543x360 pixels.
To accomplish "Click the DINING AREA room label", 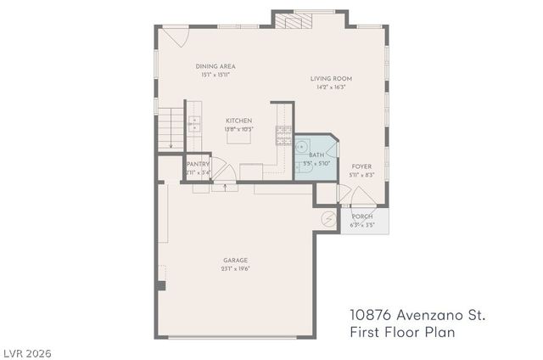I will (x=216, y=66).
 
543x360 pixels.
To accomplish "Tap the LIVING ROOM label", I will (x=333, y=79).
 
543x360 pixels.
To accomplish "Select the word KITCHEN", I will (x=238, y=121).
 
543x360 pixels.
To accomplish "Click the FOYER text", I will (x=361, y=166).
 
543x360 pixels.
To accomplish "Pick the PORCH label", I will (x=362, y=217).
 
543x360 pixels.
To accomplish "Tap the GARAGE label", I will (x=236, y=261).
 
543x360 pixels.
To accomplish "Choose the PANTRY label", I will (x=198, y=165).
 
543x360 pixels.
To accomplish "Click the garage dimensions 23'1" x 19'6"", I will (x=236, y=269).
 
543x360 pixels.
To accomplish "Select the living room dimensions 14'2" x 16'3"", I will (x=333, y=87).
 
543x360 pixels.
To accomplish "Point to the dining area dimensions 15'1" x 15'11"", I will (x=216, y=75).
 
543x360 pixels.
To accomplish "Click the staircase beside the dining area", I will (x=170, y=127).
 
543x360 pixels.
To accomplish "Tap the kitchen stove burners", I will (x=283, y=133).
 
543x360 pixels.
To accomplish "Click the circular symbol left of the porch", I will (x=328, y=219).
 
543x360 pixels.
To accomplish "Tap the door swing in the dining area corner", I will (x=174, y=37).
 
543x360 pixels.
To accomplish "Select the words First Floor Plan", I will (x=402, y=333).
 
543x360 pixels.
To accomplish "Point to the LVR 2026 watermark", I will (x=27, y=351).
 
